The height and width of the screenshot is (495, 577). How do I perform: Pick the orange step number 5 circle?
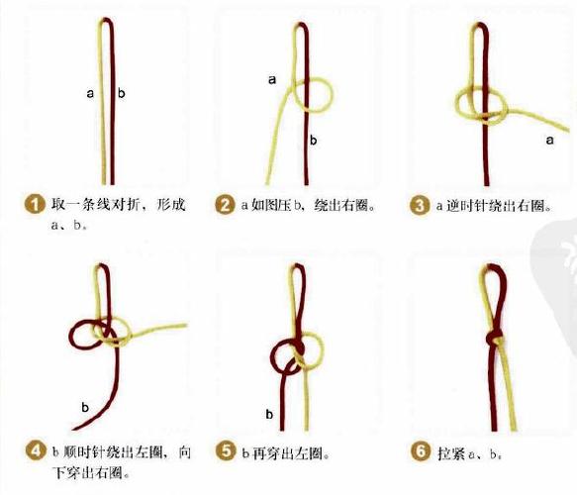click(225, 452)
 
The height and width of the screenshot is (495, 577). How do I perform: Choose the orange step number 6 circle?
click(419, 452)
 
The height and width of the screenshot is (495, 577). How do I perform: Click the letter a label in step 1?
click(90, 93)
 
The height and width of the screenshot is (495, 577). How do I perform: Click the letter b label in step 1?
click(122, 93)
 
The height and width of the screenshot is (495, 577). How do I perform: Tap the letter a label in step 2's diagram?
click(271, 80)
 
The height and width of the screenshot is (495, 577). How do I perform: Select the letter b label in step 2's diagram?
click(313, 141)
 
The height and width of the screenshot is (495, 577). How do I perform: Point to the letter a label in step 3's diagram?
click(549, 141)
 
